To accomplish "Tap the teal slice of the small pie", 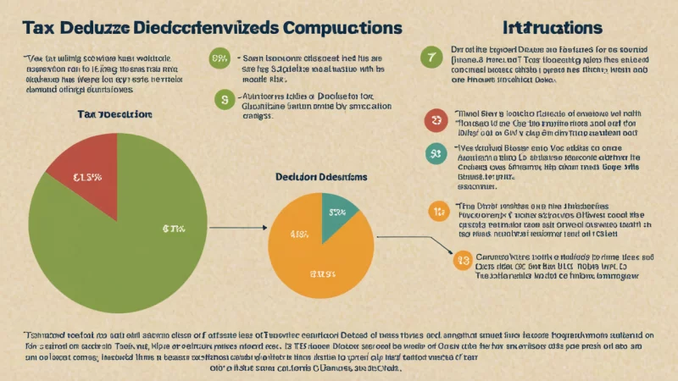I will [x=339, y=217].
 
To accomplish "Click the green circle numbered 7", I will [x=431, y=57].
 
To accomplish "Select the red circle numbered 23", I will [x=436, y=121].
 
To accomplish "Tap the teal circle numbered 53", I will [x=436, y=154].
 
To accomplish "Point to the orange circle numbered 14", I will [x=438, y=210].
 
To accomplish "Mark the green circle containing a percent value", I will [x=219, y=58].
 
